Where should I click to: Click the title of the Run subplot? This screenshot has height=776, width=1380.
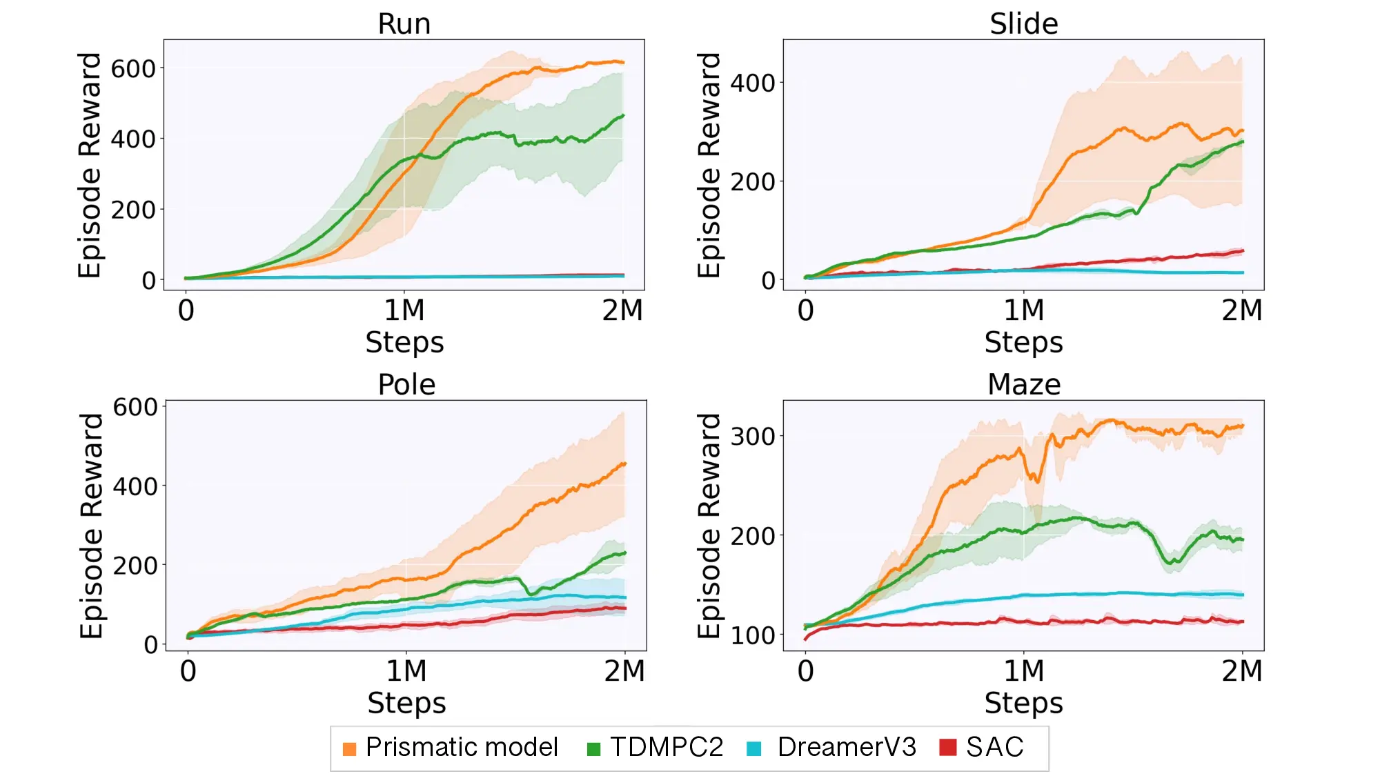[x=404, y=24]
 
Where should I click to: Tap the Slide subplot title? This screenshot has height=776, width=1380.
[x=1023, y=24]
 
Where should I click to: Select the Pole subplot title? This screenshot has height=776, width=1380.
[x=406, y=385]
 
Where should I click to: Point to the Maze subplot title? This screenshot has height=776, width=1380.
[x=1023, y=385]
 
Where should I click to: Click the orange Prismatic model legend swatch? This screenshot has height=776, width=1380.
[x=350, y=748]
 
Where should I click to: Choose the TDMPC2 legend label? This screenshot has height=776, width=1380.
[x=666, y=747]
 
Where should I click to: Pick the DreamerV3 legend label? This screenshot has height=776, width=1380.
[x=847, y=747]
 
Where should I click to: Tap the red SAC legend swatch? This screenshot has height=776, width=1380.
[x=948, y=747]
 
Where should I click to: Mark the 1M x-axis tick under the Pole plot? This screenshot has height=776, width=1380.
[x=406, y=671]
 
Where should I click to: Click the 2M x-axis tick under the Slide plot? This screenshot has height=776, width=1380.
[x=1241, y=310]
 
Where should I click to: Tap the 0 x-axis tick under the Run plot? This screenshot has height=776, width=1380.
[x=186, y=310]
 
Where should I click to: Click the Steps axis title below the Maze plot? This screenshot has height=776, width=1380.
[x=1023, y=704]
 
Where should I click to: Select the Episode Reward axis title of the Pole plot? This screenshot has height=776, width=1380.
[x=92, y=526]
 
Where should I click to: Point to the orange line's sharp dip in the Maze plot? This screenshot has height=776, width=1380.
[x=1035, y=479]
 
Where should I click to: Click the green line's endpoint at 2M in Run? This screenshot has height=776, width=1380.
[x=622, y=116]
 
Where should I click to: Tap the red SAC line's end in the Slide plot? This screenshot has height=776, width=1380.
[x=1241, y=251]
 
